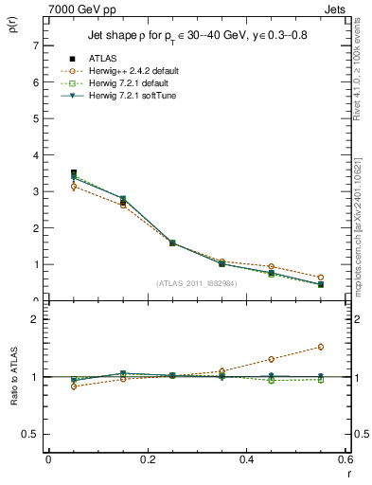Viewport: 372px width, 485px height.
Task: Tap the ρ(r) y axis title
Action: (11, 27)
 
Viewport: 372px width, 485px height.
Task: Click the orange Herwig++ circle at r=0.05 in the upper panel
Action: (74, 187)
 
